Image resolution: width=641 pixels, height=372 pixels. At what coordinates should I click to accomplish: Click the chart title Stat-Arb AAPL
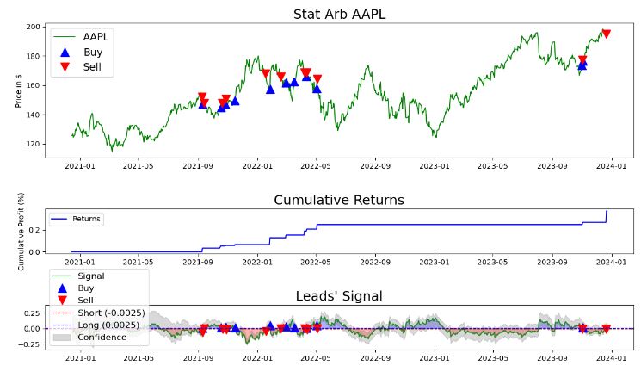[x=339, y=14]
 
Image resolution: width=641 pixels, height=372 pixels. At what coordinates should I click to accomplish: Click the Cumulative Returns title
[x=338, y=200]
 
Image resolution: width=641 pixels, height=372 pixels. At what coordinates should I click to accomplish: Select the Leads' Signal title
[x=339, y=296]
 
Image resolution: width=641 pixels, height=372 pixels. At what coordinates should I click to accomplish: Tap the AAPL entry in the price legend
[x=95, y=37]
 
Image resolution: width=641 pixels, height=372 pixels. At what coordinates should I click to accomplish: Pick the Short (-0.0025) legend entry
[x=110, y=313]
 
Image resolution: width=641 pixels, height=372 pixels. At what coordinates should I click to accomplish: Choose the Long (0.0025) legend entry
[x=108, y=325]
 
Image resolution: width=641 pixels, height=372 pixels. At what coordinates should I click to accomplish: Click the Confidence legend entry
[x=102, y=337]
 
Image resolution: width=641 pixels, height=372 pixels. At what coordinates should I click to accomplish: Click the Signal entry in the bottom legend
[x=90, y=276]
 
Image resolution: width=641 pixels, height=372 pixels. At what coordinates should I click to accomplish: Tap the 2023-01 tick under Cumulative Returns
[x=435, y=263]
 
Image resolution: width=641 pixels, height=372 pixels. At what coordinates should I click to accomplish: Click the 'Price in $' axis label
[x=18, y=90]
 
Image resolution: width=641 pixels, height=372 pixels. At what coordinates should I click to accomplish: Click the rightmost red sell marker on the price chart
[x=606, y=34]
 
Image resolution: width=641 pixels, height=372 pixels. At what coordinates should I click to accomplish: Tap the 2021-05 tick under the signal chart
[x=139, y=360]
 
